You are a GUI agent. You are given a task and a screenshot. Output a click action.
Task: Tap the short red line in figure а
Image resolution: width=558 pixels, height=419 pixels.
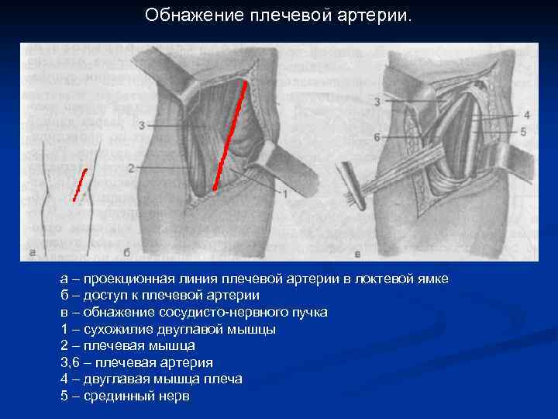click(x=80, y=185)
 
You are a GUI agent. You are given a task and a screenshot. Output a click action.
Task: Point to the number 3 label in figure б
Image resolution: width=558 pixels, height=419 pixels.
click(x=142, y=125)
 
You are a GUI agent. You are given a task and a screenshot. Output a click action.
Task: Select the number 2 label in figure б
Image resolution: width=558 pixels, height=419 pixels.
click(x=131, y=167)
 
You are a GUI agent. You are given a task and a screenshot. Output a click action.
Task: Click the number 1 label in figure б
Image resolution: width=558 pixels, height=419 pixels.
click(x=284, y=192)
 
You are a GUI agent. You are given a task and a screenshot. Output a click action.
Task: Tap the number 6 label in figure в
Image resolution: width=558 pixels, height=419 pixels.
click(x=377, y=137)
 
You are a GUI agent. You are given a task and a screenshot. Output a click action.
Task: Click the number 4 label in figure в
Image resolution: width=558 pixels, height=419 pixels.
click(x=526, y=115)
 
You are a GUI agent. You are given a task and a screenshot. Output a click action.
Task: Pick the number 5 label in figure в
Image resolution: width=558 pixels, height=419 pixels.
click(x=523, y=132)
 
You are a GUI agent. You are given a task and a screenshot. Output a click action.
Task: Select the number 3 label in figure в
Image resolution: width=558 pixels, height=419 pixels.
click(x=377, y=102)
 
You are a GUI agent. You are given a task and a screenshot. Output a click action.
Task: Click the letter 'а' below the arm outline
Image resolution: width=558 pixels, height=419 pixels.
click(x=32, y=251)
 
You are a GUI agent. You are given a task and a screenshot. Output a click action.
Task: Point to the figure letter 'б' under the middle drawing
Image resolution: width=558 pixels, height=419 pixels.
click(x=126, y=251)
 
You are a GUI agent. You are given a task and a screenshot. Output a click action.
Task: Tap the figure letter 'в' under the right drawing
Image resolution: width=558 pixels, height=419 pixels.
click(x=357, y=252)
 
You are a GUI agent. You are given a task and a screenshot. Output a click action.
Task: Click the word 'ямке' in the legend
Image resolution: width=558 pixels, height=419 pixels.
click(x=429, y=279)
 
